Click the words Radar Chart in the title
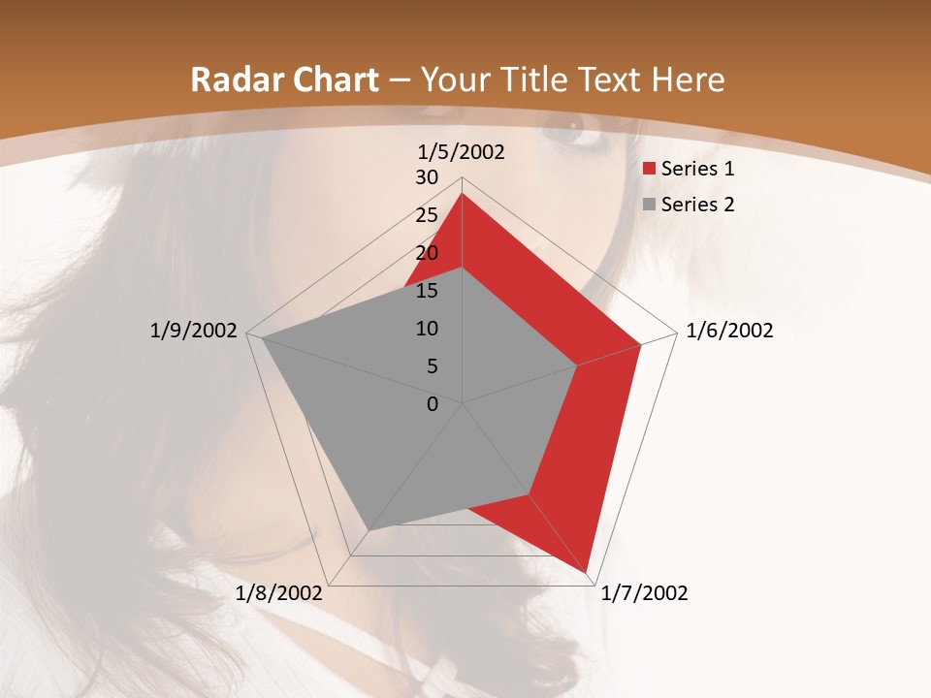click(284, 79)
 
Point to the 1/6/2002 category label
click(729, 331)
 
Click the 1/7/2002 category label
click(644, 593)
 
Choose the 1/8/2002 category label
click(278, 593)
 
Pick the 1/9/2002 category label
click(194, 331)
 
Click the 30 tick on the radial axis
click(427, 177)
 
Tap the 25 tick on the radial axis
click(427, 215)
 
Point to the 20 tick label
click(427, 253)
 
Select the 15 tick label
click(427, 291)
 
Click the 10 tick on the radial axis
click(427, 329)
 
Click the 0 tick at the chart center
click(433, 404)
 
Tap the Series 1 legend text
click(697, 169)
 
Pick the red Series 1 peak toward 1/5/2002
click(463, 193)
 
